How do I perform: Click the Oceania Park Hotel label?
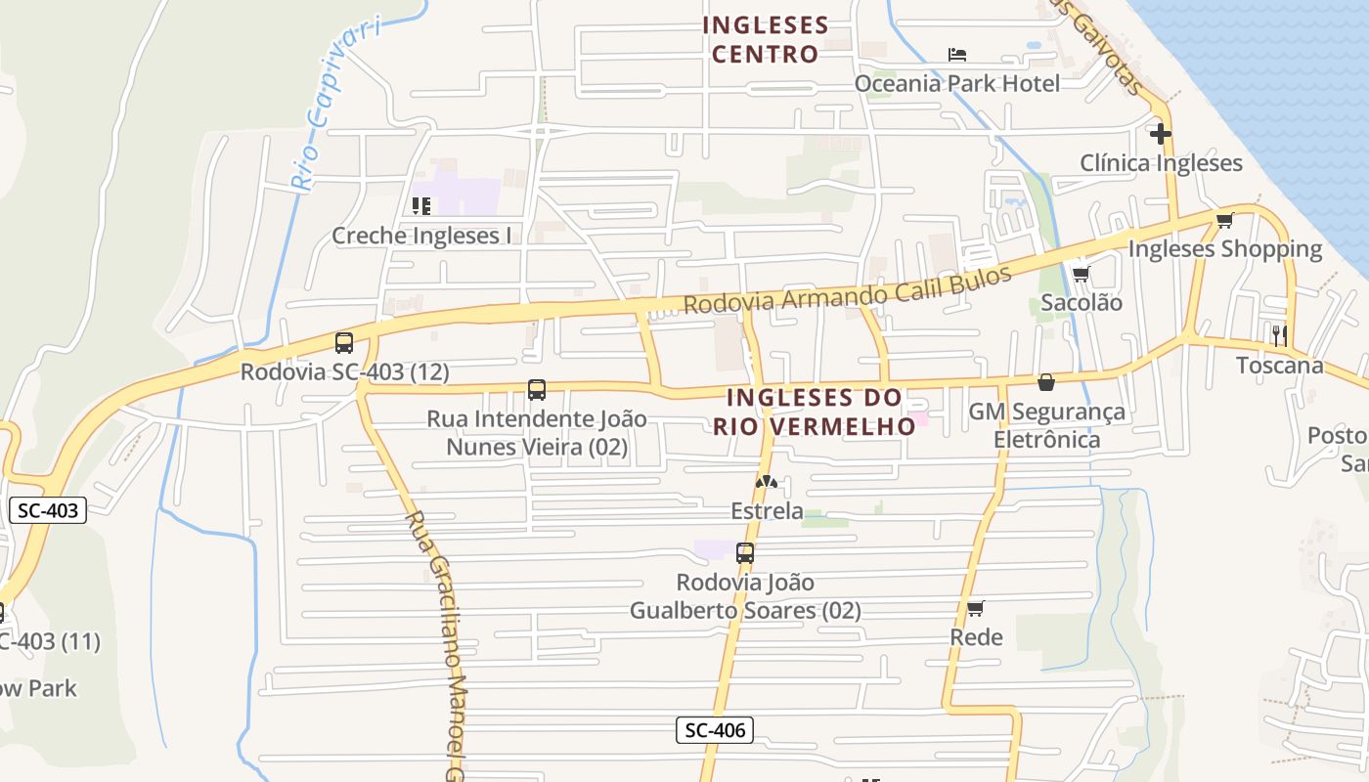click(x=956, y=83)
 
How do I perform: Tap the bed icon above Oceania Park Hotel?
click(x=957, y=55)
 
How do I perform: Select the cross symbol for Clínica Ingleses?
click(x=1161, y=133)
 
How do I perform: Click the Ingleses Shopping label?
click(x=1224, y=249)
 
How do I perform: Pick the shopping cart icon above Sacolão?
click(x=1081, y=275)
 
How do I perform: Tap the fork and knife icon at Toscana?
click(x=1279, y=335)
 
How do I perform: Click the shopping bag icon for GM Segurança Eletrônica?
click(x=1046, y=382)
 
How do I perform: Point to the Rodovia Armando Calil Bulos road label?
click(x=847, y=289)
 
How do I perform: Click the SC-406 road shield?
click(x=714, y=729)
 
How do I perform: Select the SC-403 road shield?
click(x=47, y=509)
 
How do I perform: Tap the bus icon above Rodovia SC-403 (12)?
click(x=344, y=343)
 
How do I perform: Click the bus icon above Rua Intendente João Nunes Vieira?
click(x=537, y=390)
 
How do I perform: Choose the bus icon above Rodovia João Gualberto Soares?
click(x=745, y=553)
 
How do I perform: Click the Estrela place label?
click(x=767, y=510)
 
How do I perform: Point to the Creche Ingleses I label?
click(x=421, y=236)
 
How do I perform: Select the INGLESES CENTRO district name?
click(x=765, y=39)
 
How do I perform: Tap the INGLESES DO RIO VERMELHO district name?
click(x=814, y=412)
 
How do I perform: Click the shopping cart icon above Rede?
click(x=975, y=609)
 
